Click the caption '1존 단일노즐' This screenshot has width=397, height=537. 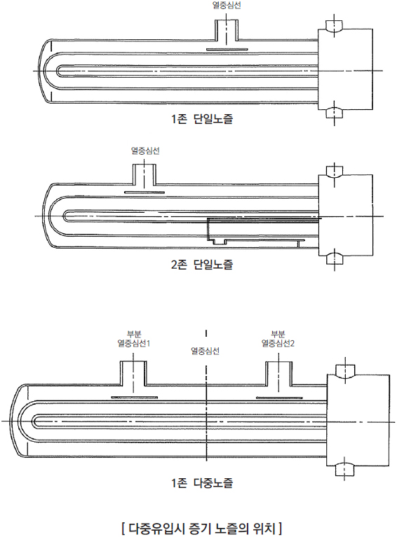pos(202,119)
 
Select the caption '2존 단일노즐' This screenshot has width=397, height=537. pos(202,265)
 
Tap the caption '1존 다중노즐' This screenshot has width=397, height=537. pos(202,483)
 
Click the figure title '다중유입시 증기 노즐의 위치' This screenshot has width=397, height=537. pos(202,529)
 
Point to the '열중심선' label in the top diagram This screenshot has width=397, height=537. pos(227,6)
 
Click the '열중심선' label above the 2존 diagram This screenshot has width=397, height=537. pos(145,151)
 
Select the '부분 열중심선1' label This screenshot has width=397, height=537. pos(134,339)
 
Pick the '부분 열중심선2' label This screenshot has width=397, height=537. pos(278,339)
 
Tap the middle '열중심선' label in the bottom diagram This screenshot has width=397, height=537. pos(205,351)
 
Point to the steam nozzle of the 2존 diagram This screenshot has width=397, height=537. pos(144,174)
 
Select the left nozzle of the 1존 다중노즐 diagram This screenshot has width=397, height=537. pos(133,373)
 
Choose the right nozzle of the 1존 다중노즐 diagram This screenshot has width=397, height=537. pos(278,373)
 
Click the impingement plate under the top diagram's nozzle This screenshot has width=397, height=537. pos(227,49)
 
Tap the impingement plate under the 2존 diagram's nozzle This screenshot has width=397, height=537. pos(144,193)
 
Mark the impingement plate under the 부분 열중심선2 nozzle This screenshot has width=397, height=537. pos(279,398)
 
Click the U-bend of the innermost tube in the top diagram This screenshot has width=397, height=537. pos(57,71)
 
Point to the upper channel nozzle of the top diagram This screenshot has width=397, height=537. pos(334,26)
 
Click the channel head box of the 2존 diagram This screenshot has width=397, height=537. pos(346,215)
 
